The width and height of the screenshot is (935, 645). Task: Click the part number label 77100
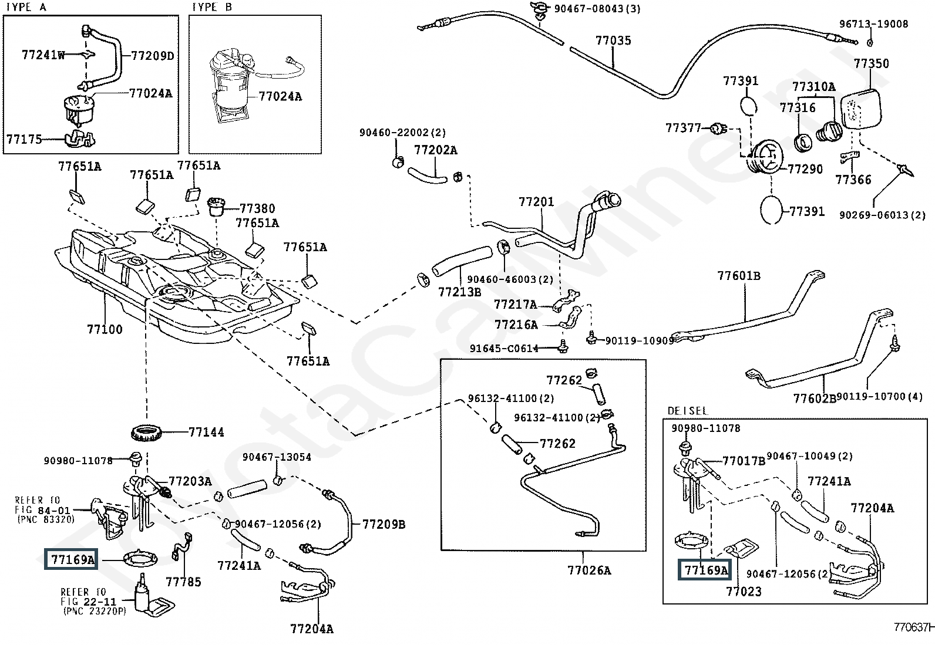tap(105, 329)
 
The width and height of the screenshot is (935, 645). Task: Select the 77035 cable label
tap(613, 40)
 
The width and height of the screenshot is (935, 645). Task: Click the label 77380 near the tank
tap(257, 208)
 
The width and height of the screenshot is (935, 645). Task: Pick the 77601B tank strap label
tap(739, 275)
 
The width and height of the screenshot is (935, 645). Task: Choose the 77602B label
tap(815, 399)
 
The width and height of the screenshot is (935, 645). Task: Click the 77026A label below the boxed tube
tap(589, 570)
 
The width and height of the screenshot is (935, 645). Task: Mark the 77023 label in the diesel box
tap(744, 591)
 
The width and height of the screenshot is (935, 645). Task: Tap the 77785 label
tap(183, 582)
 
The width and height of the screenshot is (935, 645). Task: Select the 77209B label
tap(384, 524)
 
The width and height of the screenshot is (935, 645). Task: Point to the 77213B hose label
tap(459, 291)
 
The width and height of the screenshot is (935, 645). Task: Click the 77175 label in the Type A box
tap(24, 139)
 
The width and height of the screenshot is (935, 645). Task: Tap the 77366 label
tap(853, 180)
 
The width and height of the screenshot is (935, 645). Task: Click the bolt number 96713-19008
tap(873, 24)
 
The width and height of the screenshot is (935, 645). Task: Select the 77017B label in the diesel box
tap(744, 461)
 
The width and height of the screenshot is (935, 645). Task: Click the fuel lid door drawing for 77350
tap(862, 109)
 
